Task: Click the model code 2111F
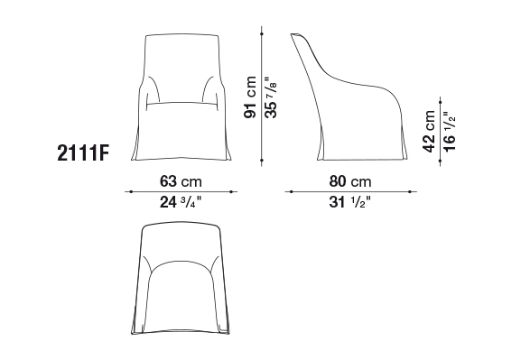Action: click(83, 153)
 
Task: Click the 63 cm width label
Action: click(181, 181)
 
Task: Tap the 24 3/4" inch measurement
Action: click(181, 201)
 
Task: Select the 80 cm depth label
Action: click(350, 181)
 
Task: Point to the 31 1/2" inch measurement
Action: click(349, 201)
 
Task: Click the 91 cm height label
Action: click(250, 97)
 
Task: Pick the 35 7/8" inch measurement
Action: click(271, 97)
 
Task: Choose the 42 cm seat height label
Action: click(429, 132)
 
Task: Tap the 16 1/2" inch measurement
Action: click(450, 132)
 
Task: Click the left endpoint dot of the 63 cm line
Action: click(131, 191)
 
